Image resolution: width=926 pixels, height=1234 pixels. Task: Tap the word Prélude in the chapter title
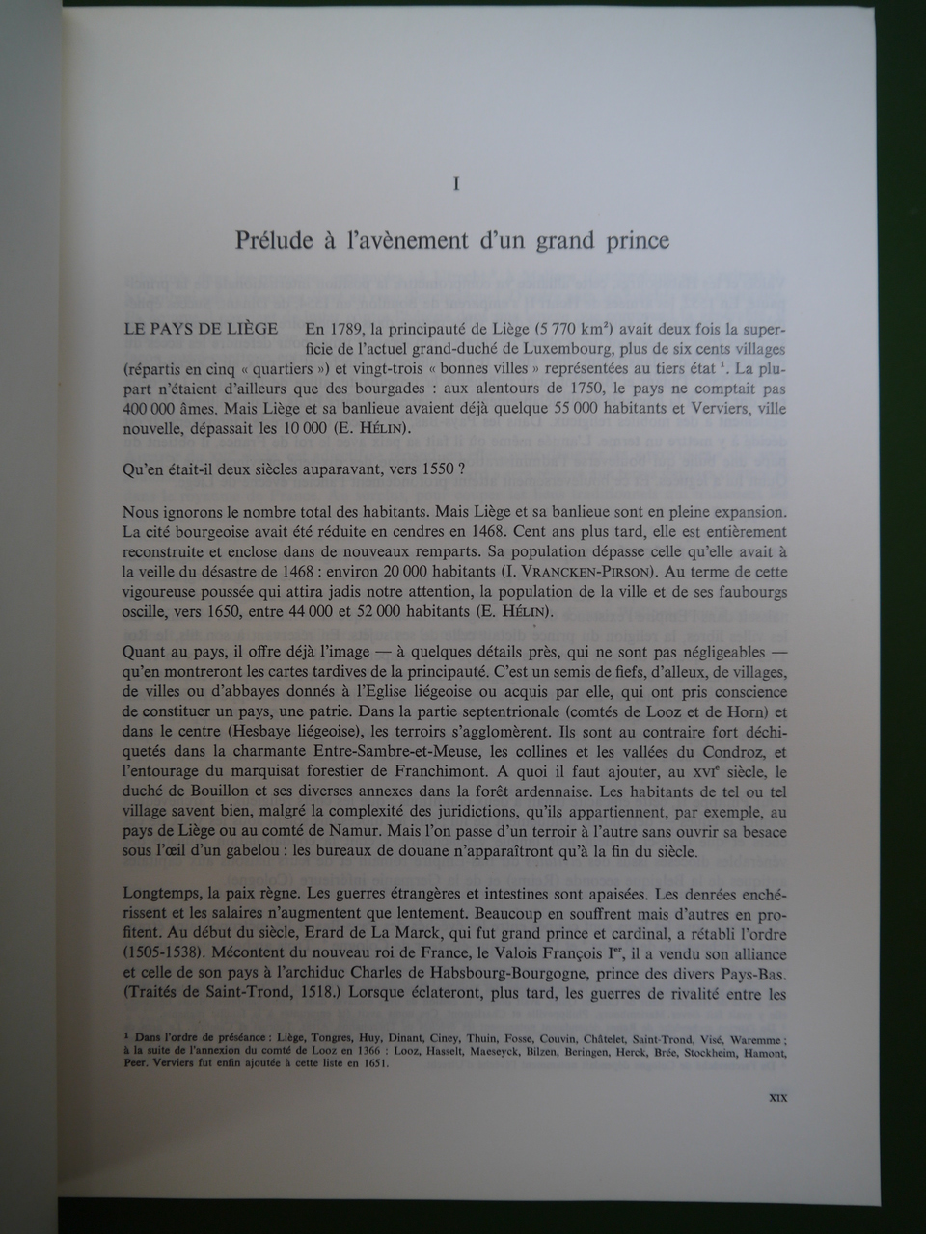click(x=273, y=241)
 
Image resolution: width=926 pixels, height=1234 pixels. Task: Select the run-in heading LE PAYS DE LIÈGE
click(x=201, y=329)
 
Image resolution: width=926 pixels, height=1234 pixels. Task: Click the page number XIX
click(x=776, y=1098)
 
